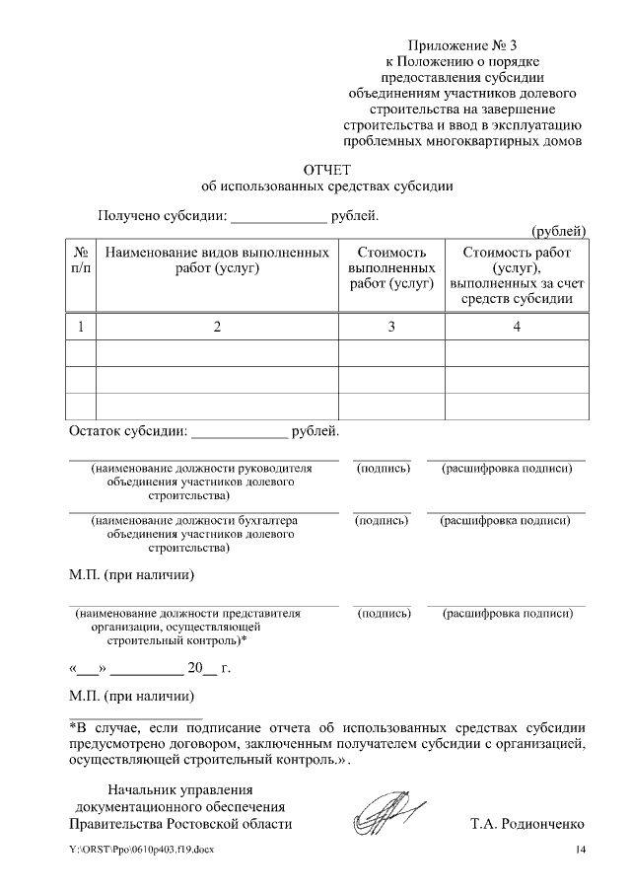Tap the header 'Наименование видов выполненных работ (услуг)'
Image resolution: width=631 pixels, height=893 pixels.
217,260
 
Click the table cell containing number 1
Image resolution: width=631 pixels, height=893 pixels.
81,327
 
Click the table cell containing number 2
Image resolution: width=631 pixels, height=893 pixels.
217,327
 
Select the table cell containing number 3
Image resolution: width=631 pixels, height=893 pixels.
391,327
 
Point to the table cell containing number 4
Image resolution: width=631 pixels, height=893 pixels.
517,327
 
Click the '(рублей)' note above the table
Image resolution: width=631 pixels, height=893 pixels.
559,231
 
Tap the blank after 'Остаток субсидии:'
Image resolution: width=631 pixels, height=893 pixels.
238,432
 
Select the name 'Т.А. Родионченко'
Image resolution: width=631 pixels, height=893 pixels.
527,823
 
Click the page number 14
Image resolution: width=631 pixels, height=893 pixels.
581,851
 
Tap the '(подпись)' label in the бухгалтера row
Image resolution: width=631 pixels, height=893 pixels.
382,520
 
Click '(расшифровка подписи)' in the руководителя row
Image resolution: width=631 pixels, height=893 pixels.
507,468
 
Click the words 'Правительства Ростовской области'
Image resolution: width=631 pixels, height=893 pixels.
180,823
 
